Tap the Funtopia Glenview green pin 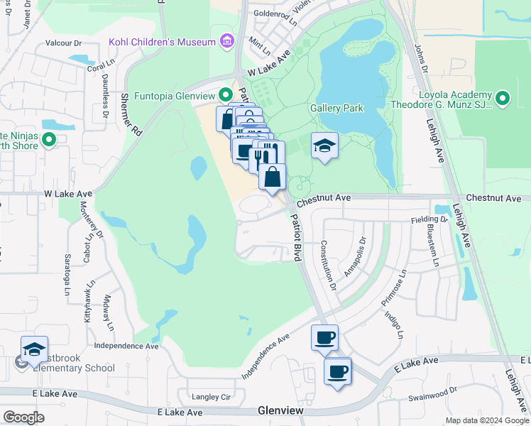pos(226,94)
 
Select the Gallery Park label pos(336,108)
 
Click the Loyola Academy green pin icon pos(503,99)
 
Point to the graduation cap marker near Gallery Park pos(324,146)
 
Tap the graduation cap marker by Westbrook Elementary pos(34,349)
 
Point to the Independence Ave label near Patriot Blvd pos(265,357)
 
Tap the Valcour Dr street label pos(65,43)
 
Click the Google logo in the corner pos(23,417)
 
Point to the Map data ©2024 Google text pos(487,420)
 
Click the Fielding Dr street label pos(429,220)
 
